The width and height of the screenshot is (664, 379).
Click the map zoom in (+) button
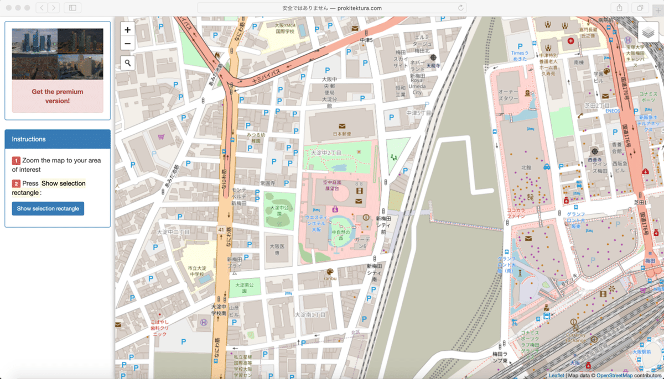click(x=128, y=30)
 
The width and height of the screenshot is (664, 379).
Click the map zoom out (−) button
click(x=128, y=44)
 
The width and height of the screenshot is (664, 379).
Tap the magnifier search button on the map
click(x=128, y=63)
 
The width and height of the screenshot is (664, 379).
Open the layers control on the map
click(x=649, y=32)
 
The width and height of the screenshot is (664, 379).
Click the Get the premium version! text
click(x=58, y=96)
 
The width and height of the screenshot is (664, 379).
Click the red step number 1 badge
click(x=16, y=161)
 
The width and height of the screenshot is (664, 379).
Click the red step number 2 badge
click(x=16, y=183)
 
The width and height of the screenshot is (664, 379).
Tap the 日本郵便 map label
click(x=343, y=134)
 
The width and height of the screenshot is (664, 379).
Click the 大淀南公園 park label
click(x=244, y=286)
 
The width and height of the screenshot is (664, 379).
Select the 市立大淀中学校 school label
click(x=196, y=271)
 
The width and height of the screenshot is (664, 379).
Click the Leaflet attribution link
click(x=556, y=376)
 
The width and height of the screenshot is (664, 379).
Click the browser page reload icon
click(x=460, y=8)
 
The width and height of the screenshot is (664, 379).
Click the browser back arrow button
click(x=42, y=8)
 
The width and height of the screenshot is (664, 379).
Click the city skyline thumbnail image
click(x=58, y=54)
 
